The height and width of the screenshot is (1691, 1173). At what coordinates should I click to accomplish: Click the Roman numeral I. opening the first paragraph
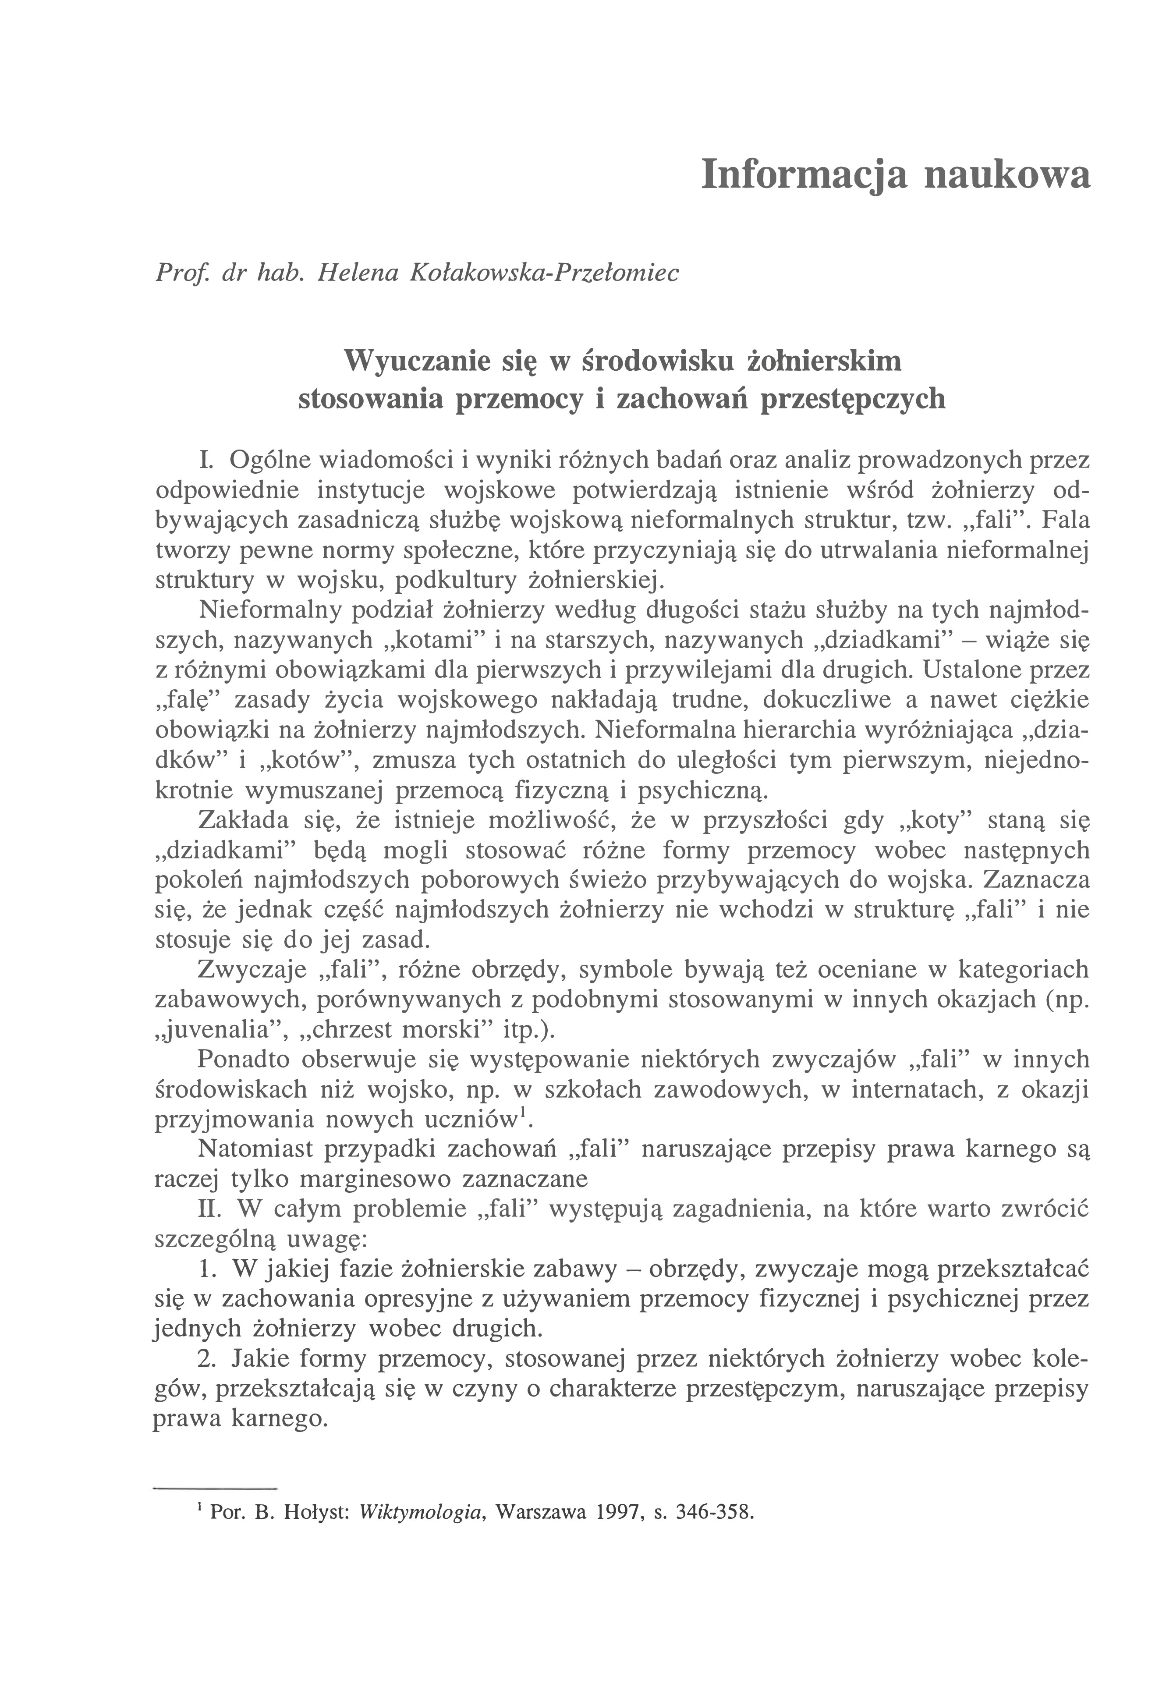pos(206,460)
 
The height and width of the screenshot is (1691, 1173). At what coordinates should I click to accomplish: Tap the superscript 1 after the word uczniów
pos(522,1114)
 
